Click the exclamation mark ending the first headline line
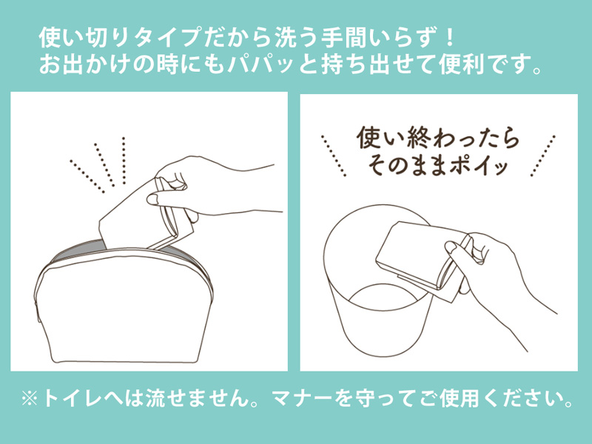[x=448, y=37]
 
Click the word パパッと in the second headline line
[x=272, y=64]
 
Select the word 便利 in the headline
[x=461, y=64]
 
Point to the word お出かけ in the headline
[x=84, y=64]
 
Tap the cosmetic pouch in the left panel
[x=124, y=302]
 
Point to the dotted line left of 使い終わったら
[x=334, y=155]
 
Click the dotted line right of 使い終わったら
[x=543, y=155]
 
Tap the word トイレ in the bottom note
[x=73, y=399]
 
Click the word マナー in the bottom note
[x=303, y=399]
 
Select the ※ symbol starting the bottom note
[x=30, y=399]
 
